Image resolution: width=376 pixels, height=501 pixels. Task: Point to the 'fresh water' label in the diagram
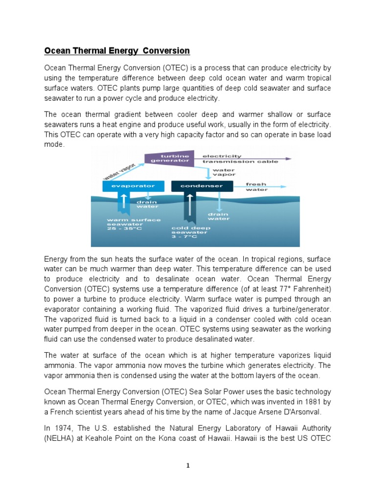point(257,186)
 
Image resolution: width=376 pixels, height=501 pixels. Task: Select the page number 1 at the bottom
point(188,466)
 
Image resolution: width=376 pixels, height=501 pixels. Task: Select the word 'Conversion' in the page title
point(165,51)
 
